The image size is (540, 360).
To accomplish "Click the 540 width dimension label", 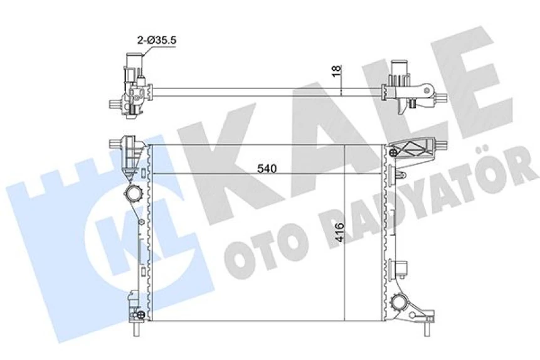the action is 267,169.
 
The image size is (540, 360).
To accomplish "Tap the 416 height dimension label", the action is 339,232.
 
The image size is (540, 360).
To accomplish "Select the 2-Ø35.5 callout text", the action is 157,40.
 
